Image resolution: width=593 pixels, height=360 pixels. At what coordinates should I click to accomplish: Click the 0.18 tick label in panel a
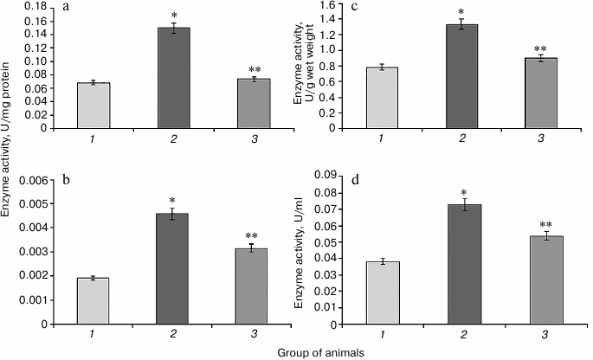pyautogui.click(x=35, y=6)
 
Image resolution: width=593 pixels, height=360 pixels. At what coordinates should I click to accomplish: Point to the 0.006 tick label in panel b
pyautogui.click(x=33, y=180)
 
